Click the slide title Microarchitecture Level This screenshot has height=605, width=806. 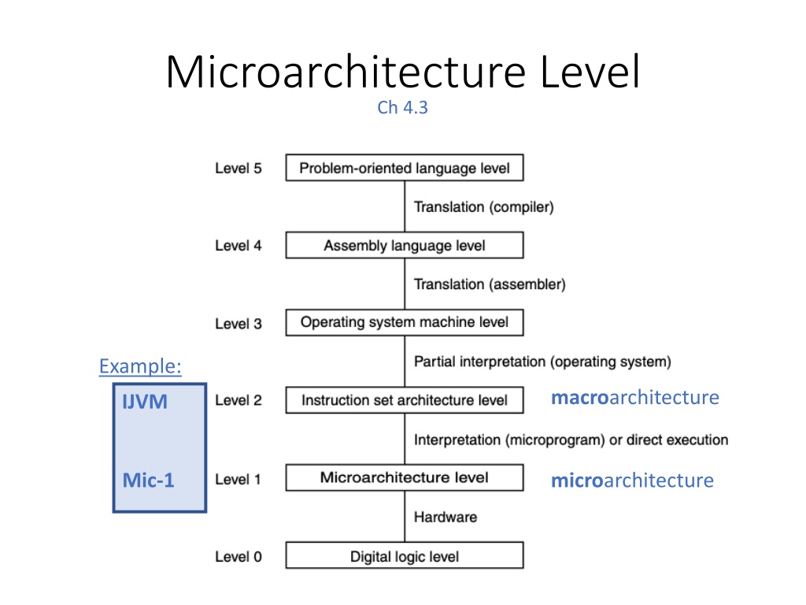403,72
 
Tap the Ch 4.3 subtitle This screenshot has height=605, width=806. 402,107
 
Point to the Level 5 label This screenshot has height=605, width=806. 238,169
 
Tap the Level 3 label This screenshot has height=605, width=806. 238,324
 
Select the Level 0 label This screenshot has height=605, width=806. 238,557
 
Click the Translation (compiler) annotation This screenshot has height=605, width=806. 484,207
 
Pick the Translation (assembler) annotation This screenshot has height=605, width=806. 490,284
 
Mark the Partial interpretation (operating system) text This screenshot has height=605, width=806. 543,362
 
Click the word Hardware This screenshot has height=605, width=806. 446,517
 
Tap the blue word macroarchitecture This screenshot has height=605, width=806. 635,397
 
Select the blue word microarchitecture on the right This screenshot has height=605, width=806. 632,480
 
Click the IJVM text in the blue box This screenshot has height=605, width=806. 145,402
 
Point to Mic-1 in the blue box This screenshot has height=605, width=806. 149,480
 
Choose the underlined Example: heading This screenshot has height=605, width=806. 140,366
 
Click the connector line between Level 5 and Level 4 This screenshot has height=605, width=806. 405,206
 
